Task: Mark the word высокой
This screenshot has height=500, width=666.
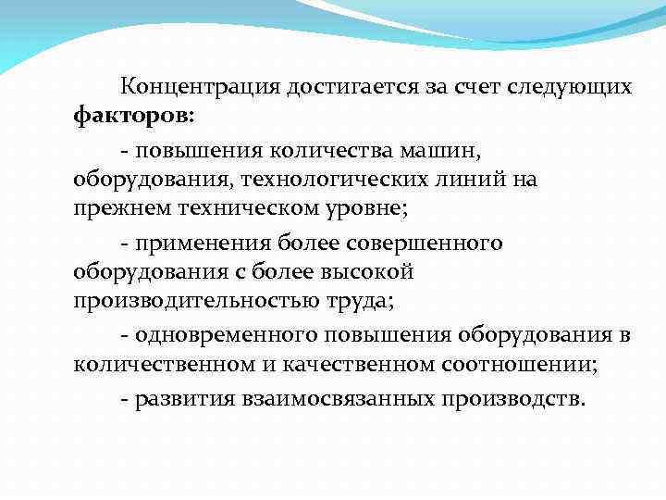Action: (366, 272)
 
